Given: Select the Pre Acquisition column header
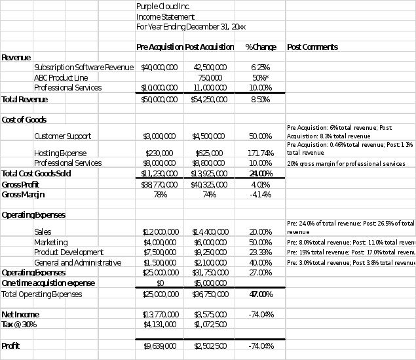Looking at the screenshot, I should (159, 47).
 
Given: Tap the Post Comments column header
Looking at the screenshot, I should (312, 47).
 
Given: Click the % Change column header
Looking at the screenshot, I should (261, 47).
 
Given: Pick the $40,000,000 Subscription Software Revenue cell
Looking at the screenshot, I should (159, 67).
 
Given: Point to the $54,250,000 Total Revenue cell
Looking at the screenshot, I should (210, 99).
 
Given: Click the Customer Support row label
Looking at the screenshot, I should (62, 136).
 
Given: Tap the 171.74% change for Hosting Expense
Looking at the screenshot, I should (261, 153).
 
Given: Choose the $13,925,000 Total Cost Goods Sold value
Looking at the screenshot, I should (210, 173).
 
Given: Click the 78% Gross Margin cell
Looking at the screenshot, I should (159, 194).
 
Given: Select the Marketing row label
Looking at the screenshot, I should (50, 242).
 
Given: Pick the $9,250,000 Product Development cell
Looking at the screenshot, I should (210, 252).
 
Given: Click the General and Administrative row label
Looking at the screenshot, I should (77, 262).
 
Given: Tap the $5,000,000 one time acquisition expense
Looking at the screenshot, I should (210, 283).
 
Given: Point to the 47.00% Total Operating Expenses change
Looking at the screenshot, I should (261, 294).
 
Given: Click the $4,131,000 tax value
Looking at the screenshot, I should (159, 324).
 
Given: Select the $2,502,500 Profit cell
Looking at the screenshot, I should (210, 346).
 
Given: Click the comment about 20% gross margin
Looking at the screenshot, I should (346, 163).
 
